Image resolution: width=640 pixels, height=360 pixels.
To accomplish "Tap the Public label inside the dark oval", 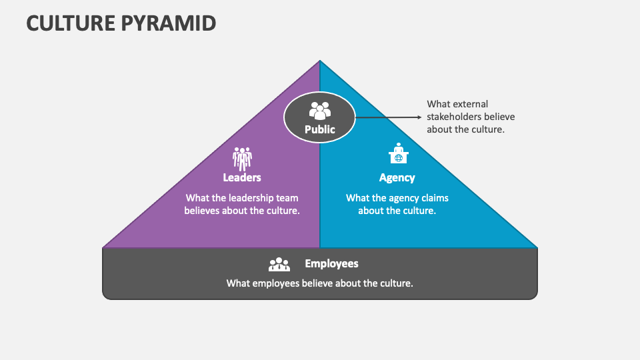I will pos(320,129).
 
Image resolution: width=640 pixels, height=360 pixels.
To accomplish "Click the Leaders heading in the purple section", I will pos(242,177).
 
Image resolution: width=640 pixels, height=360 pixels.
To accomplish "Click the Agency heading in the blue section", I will pos(397,177).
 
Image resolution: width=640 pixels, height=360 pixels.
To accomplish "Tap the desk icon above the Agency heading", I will pos(397,155).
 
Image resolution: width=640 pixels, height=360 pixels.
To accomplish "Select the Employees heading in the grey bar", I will pos(331,263).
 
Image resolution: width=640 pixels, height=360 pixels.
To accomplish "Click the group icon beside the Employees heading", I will pos(279,265).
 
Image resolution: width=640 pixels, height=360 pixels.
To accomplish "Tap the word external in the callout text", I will pos(470,104).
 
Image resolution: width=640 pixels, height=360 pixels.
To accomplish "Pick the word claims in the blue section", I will pos(433,198).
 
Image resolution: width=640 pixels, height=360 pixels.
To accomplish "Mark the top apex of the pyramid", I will pos(320,61).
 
